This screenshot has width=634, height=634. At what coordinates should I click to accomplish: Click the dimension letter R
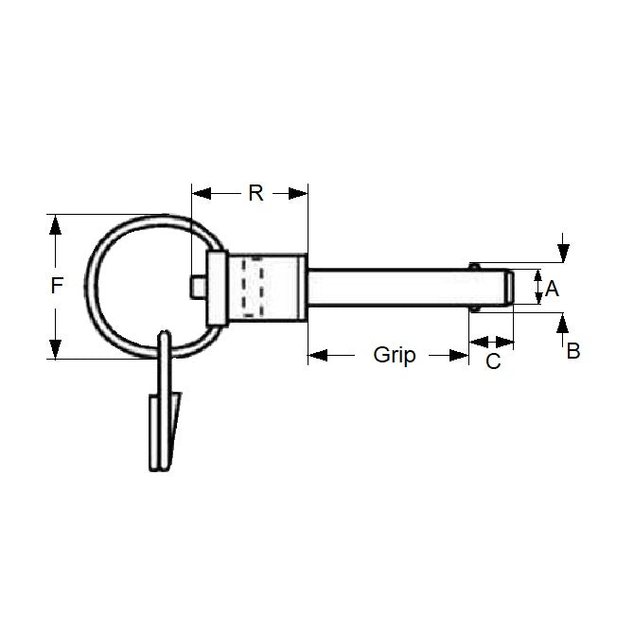click(x=255, y=193)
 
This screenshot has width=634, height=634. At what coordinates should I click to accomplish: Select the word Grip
click(x=394, y=355)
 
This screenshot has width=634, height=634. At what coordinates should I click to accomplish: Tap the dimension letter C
click(x=493, y=361)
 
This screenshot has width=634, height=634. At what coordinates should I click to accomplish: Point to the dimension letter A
click(x=553, y=289)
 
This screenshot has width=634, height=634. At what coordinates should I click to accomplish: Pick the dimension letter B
click(x=572, y=350)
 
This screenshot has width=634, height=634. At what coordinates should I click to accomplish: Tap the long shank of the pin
click(x=388, y=287)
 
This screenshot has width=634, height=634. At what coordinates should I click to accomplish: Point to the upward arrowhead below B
click(x=564, y=325)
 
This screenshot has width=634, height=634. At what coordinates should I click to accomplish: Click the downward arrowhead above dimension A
click(x=564, y=252)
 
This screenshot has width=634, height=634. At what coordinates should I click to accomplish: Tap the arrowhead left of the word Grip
click(x=318, y=356)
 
